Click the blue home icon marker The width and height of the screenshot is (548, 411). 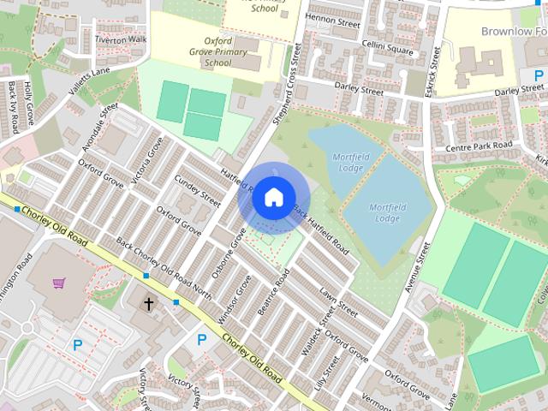pos(272,197)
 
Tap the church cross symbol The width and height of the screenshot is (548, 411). pos(149,304)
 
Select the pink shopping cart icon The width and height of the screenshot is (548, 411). pos(59,283)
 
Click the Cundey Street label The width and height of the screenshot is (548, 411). pos(198,187)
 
